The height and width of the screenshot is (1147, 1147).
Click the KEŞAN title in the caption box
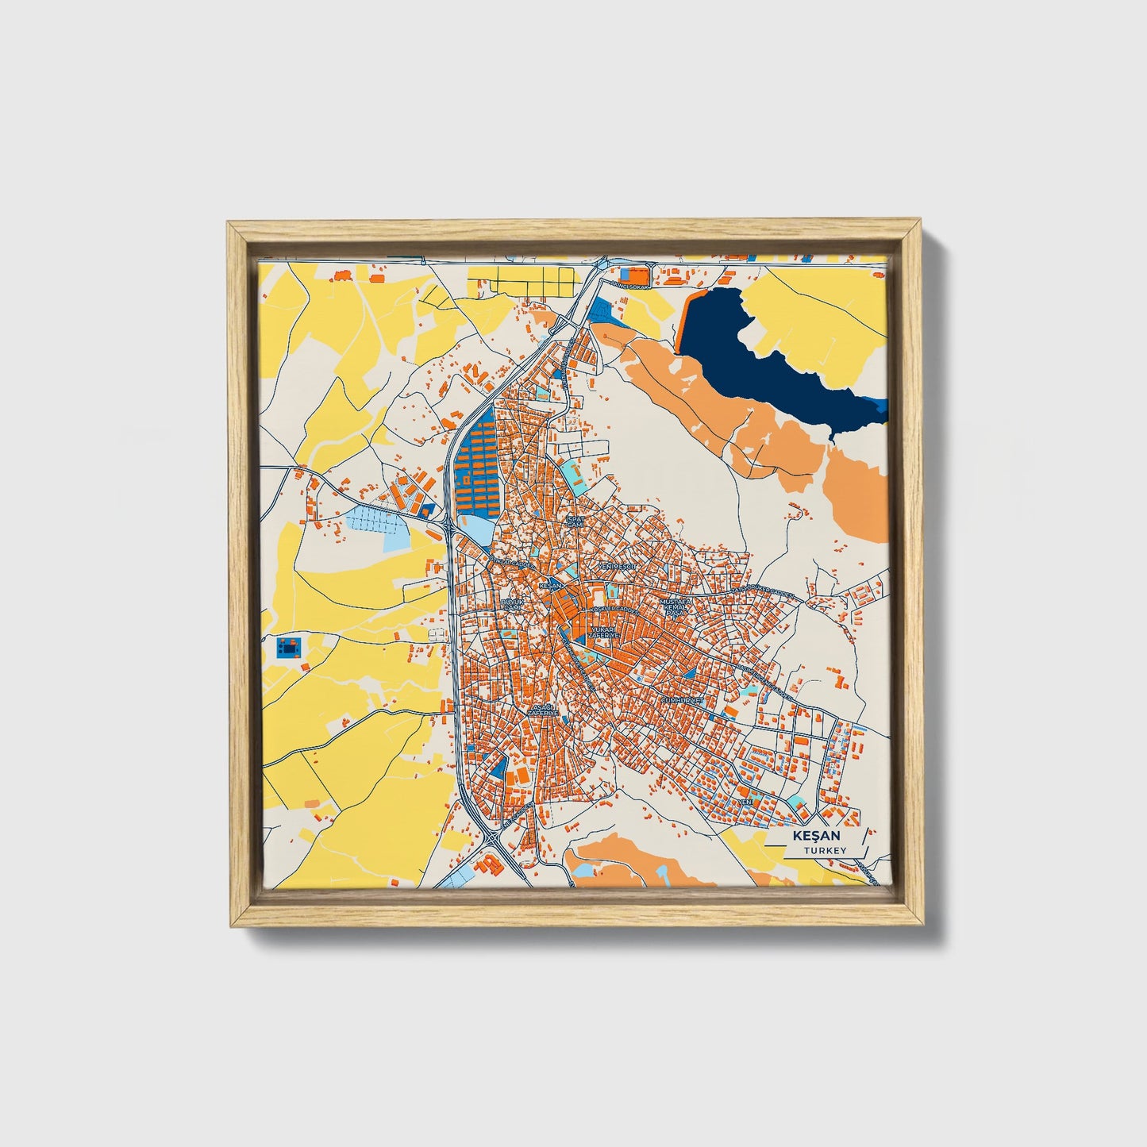[814, 837]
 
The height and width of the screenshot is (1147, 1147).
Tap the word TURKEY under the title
[825, 850]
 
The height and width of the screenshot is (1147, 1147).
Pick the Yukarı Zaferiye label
[603, 633]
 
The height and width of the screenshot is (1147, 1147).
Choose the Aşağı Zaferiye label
[542, 710]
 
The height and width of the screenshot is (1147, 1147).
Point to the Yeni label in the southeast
[745, 803]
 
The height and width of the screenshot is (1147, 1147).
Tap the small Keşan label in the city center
[549, 586]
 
